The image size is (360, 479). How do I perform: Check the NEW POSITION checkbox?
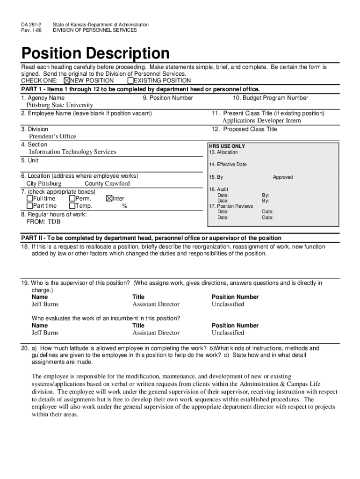pyautogui.click(x=66, y=80)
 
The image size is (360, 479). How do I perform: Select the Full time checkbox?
pyautogui.click(x=30, y=199)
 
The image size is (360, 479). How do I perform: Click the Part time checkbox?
pyautogui.click(x=30, y=206)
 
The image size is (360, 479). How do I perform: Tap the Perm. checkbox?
pyautogui.click(x=72, y=199)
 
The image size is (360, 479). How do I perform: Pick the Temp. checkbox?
pyautogui.click(x=72, y=206)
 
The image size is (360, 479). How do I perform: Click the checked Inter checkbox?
pyautogui.click(x=109, y=199)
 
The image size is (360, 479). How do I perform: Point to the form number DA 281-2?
pyautogui.click(x=30, y=24)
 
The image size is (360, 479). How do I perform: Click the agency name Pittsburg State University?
pyautogui.click(x=59, y=105)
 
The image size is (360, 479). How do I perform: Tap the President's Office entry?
pyautogui.click(x=52, y=137)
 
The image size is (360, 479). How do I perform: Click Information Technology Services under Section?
pyautogui.click(x=72, y=152)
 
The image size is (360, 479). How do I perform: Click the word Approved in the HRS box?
pyautogui.click(x=283, y=177)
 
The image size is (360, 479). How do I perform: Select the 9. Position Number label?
pyautogui.click(x=168, y=98)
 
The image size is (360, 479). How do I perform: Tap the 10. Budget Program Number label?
pyautogui.click(x=270, y=98)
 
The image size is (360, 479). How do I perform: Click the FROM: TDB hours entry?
pyautogui.click(x=43, y=222)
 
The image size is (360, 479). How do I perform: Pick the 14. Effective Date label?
pyautogui.click(x=228, y=165)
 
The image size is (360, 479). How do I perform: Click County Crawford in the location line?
pyautogui.click(x=107, y=184)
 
